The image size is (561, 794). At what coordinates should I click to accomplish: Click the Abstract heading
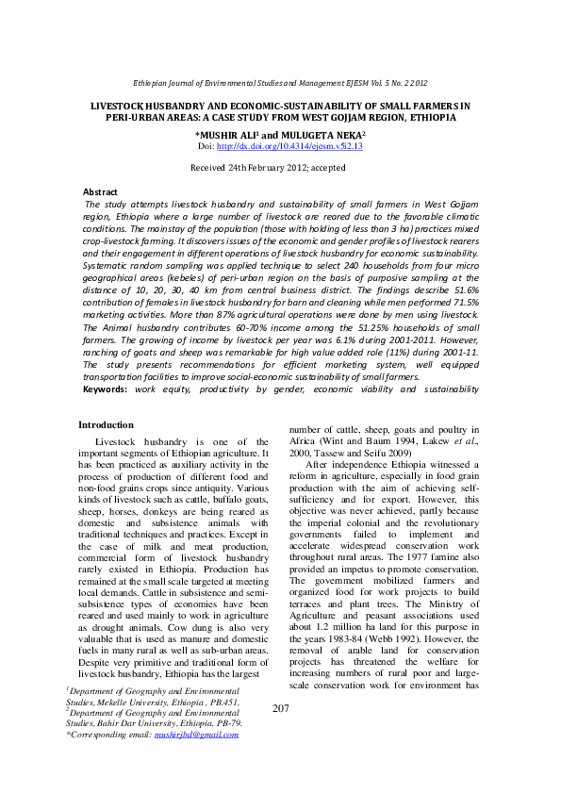101,191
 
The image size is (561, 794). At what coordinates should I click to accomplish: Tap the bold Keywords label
106,388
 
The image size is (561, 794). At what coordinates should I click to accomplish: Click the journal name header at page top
280,84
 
